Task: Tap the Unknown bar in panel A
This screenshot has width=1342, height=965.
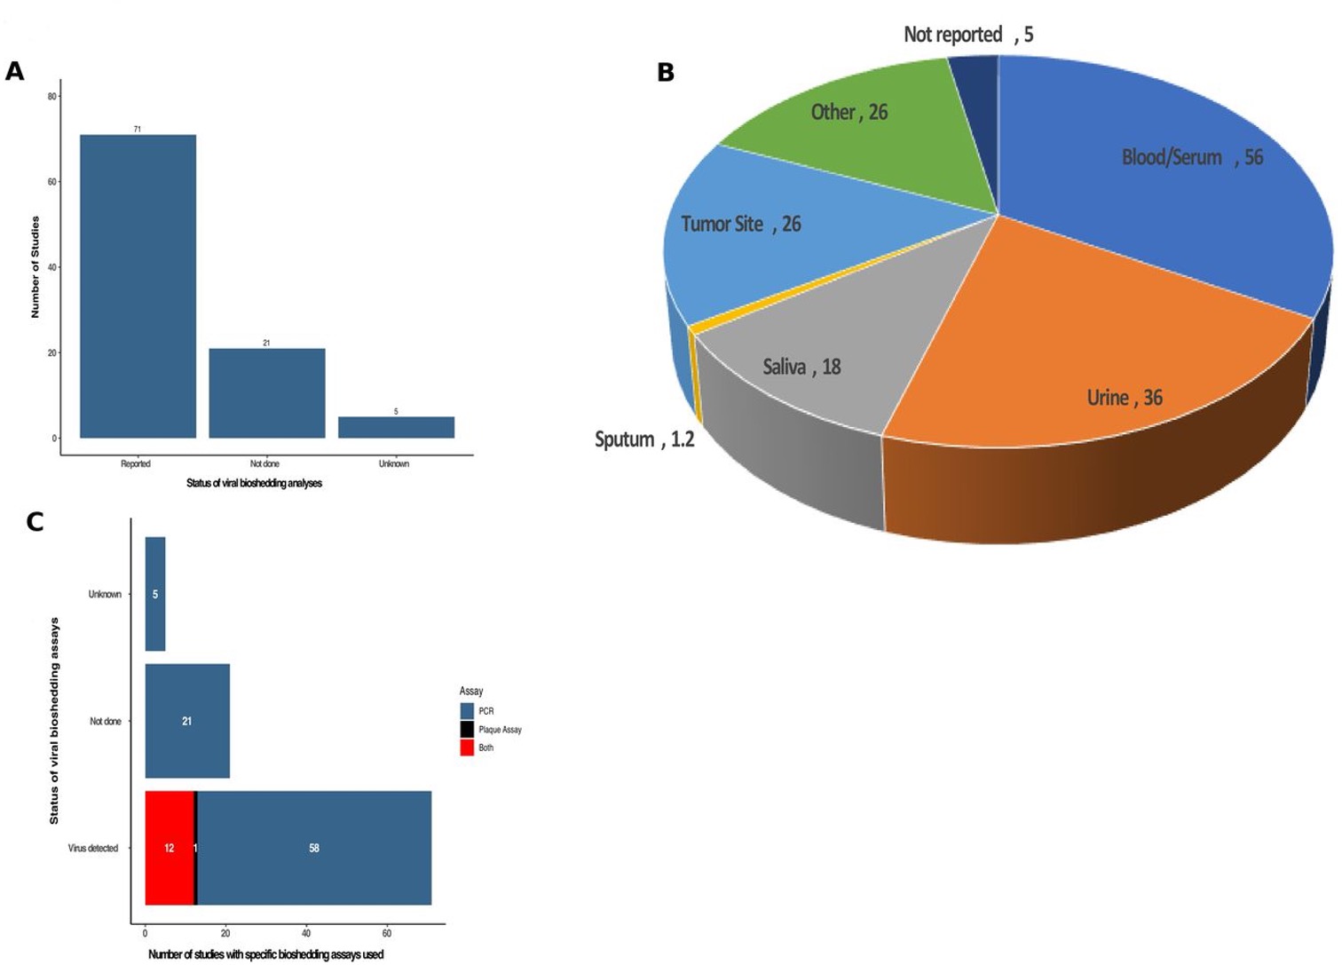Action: click(396, 427)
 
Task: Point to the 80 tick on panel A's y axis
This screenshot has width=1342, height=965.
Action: click(52, 97)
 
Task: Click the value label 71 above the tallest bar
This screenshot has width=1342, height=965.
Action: click(138, 130)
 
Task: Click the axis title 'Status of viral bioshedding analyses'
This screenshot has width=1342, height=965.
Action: click(254, 483)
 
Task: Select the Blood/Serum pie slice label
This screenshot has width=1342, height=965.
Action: click(1191, 158)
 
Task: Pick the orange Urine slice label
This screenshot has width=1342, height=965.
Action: click(1125, 398)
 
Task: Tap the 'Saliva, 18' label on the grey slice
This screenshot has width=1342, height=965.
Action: click(801, 367)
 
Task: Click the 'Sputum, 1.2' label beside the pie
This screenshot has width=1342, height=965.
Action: click(644, 439)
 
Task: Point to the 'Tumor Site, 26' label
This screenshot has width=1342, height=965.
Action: click(740, 224)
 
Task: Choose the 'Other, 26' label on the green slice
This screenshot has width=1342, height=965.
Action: click(849, 112)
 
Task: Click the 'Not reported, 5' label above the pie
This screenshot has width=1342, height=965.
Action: click(968, 35)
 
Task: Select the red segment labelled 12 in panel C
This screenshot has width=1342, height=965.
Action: click(170, 848)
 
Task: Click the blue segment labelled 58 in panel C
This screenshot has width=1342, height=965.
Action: click(314, 848)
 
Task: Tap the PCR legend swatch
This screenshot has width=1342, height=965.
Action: click(467, 711)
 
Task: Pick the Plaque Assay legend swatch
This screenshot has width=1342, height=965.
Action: click(467, 730)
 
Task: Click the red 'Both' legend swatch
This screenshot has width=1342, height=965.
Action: click(467, 747)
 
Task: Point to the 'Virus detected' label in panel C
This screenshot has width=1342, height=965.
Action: click(93, 849)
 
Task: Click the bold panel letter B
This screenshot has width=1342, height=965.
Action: click(666, 73)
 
